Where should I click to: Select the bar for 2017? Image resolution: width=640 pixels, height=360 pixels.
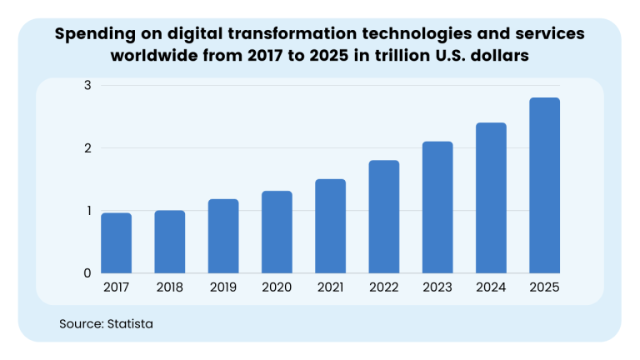point(116,243)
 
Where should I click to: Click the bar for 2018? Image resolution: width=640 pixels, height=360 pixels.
point(170,242)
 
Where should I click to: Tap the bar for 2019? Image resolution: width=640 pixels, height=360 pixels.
point(223,236)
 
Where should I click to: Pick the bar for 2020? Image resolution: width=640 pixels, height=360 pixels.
point(277,232)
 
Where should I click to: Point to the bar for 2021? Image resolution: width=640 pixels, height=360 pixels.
point(331,226)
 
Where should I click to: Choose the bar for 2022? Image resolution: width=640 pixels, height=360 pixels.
point(384,217)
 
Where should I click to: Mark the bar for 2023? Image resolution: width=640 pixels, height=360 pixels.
point(437,207)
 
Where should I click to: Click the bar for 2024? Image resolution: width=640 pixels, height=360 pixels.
point(491,198)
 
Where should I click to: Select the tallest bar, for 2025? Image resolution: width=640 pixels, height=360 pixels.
point(544,186)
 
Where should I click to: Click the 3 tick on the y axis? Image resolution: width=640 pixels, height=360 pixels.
point(87,85)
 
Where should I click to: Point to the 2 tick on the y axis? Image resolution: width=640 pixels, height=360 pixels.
point(87,148)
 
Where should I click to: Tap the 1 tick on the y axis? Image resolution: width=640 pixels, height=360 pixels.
point(87,211)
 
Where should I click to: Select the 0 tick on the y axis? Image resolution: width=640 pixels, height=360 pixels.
point(87,273)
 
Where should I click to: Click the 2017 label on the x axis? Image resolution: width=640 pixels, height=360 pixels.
point(116,287)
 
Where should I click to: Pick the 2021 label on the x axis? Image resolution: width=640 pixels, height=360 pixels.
point(331,287)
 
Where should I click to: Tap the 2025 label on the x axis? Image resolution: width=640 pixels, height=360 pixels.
point(544,287)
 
